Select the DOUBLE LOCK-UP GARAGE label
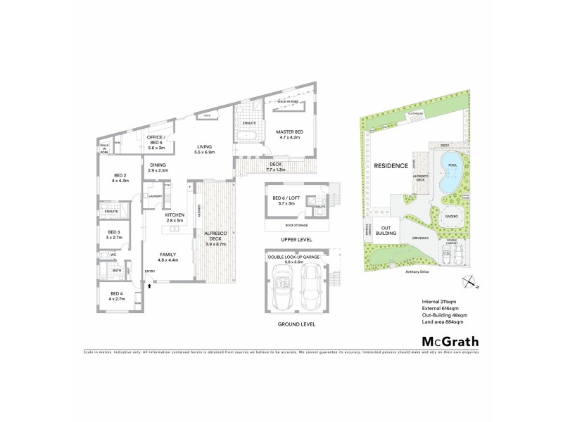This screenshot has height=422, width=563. [x=294, y=257]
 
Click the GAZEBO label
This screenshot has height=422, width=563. [x=451, y=216]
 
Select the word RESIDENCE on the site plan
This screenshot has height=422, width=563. [x=391, y=166]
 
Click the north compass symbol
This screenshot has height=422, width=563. [x=469, y=283]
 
